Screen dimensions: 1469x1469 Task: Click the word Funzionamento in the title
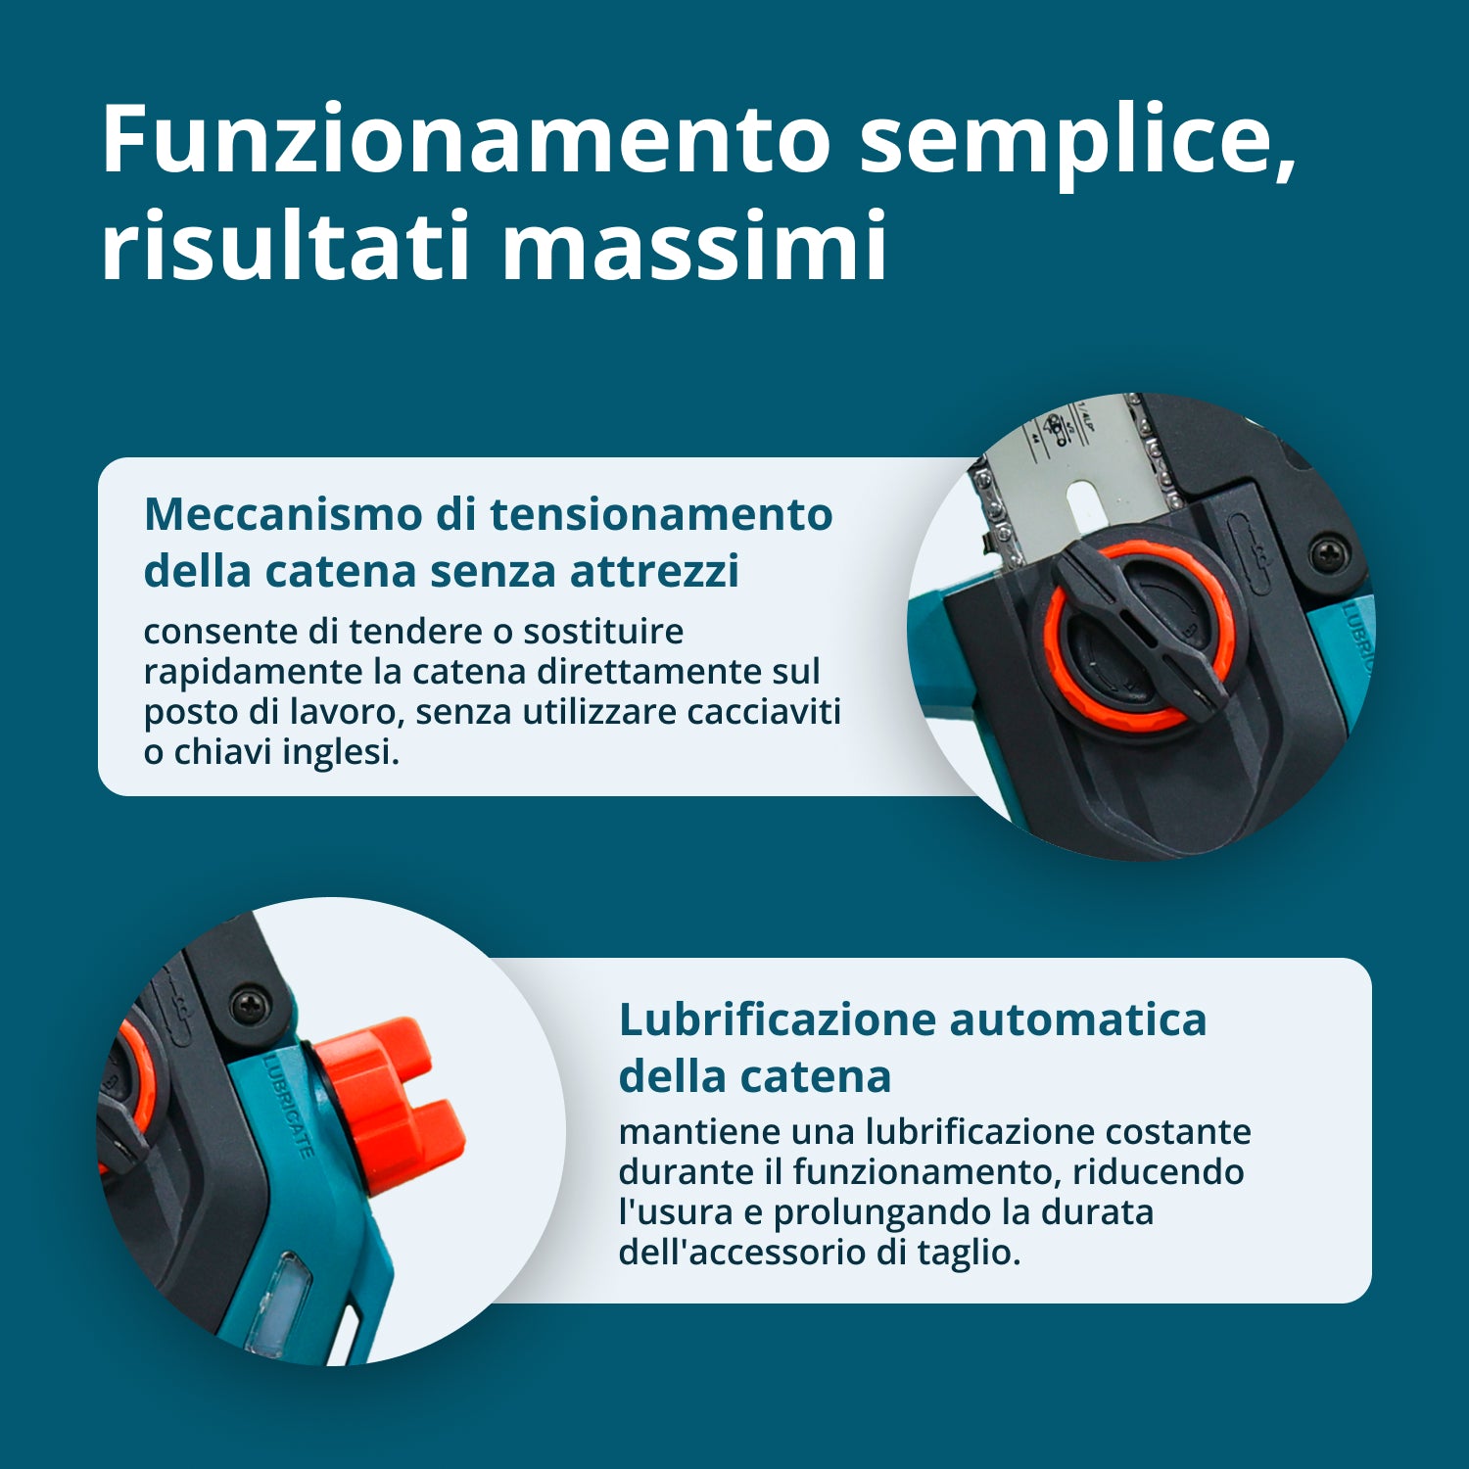tap(466, 139)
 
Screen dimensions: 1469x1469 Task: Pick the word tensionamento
tap(661, 514)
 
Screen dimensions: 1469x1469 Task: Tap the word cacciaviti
tap(763, 712)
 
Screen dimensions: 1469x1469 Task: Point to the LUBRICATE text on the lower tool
tap(289, 1107)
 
